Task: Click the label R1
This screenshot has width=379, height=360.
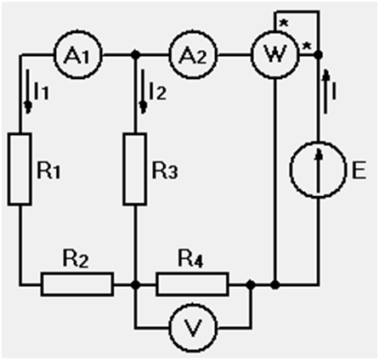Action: click(x=48, y=171)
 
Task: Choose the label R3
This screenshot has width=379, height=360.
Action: click(x=165, y=171)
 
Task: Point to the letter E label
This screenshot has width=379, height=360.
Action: click(x=359, y=170)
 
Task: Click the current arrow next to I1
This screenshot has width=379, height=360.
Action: click(x=28, y=92)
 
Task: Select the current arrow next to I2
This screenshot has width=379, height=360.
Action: click(x=143, y=92)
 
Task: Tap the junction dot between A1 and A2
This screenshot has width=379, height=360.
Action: click(x=136, y=54)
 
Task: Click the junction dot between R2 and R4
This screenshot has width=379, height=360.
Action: click(x=136, y=284)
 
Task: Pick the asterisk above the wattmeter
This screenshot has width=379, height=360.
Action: click(x=284, y=23)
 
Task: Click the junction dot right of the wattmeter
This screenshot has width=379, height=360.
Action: click(x=319, y=54)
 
